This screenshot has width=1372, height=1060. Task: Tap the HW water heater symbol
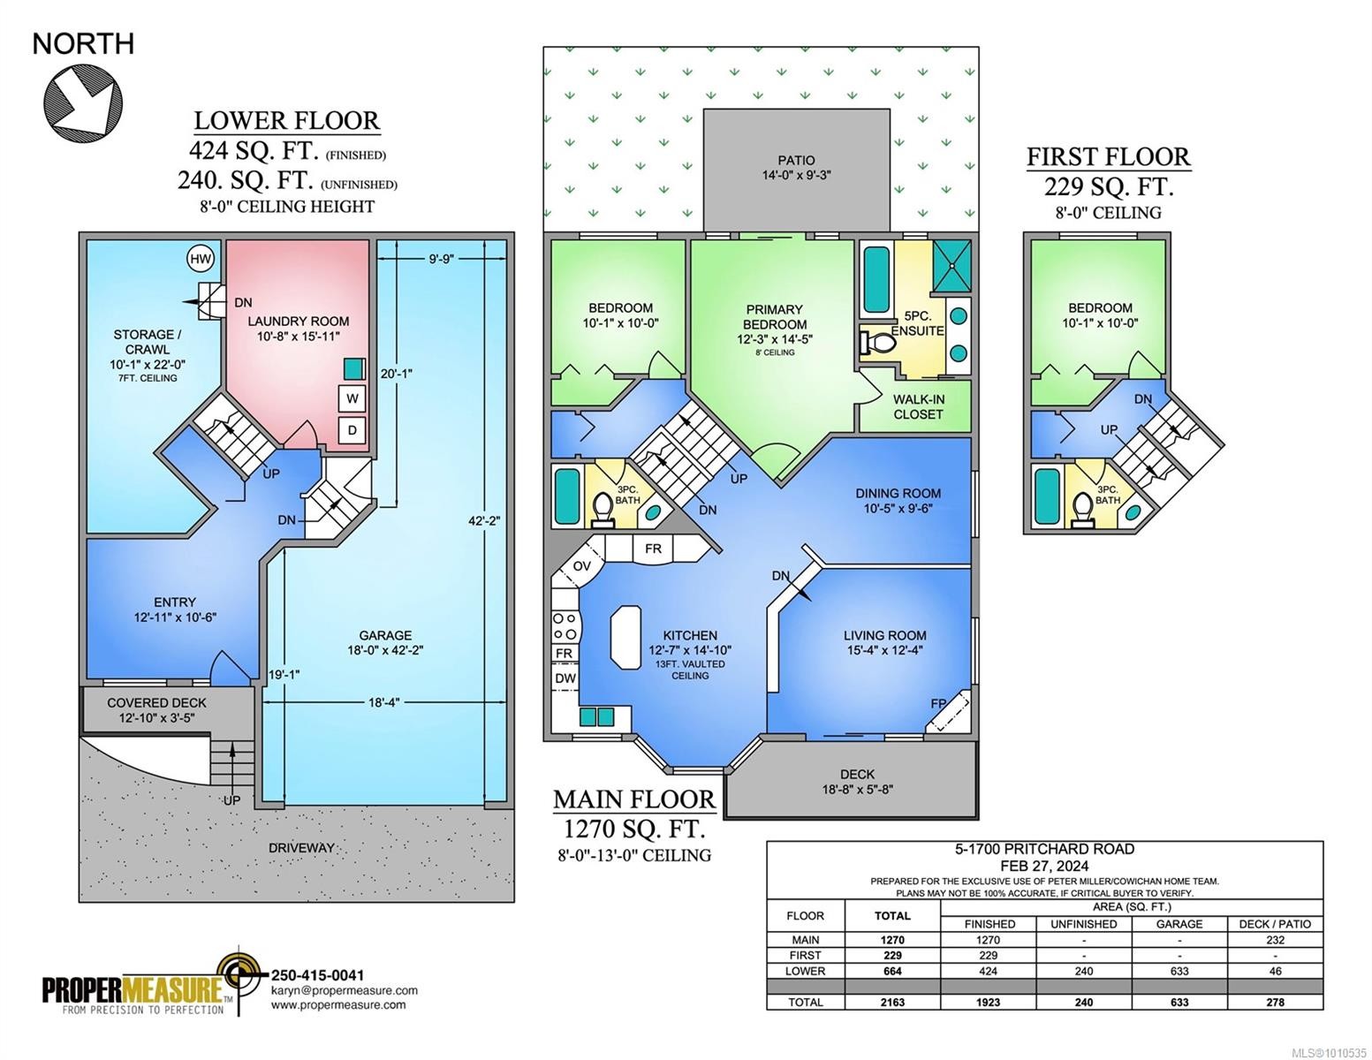(201, 258)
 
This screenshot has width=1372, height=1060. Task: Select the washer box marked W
(352, 398)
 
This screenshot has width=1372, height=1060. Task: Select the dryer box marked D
(352, 431)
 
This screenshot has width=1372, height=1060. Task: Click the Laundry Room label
(298, 322)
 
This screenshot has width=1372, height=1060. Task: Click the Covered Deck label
(156, 703)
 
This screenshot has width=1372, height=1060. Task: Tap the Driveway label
(301, 848)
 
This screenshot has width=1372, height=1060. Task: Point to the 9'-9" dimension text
(440, 259)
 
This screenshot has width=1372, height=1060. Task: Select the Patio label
(796, 161)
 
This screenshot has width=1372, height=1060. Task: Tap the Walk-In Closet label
(918, 406)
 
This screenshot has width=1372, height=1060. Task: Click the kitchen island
(625, 634)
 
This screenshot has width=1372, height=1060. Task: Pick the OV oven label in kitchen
(581, 566)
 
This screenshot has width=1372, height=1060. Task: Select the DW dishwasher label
(565, 678)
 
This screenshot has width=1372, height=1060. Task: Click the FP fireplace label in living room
(938, 704)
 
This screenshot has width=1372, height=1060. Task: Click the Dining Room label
(898, 494)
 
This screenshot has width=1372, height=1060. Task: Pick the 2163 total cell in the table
(892, 1002)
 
